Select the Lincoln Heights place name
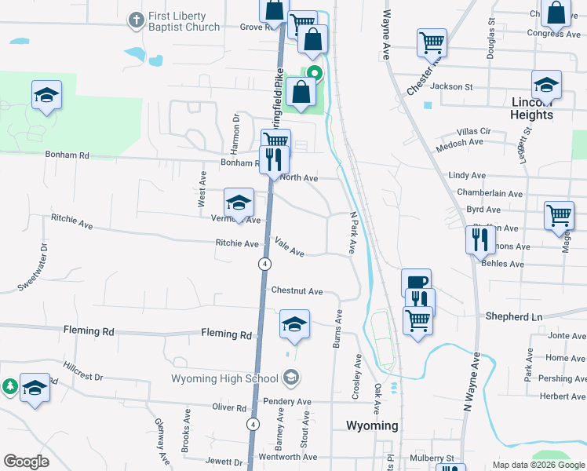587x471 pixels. tap(532, 108)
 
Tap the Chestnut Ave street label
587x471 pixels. tap(297, 291)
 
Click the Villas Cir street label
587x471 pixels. tap(474, 131)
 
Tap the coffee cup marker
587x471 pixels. tap(416, 281)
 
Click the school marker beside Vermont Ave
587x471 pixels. tap(239, 203)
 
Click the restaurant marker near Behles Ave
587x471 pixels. tap(480, 239)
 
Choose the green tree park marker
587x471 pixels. tap(9, 385)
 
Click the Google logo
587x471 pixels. tap(27, 462)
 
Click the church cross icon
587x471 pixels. tap(136, 19)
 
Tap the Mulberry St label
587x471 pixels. tap(439, 458)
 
